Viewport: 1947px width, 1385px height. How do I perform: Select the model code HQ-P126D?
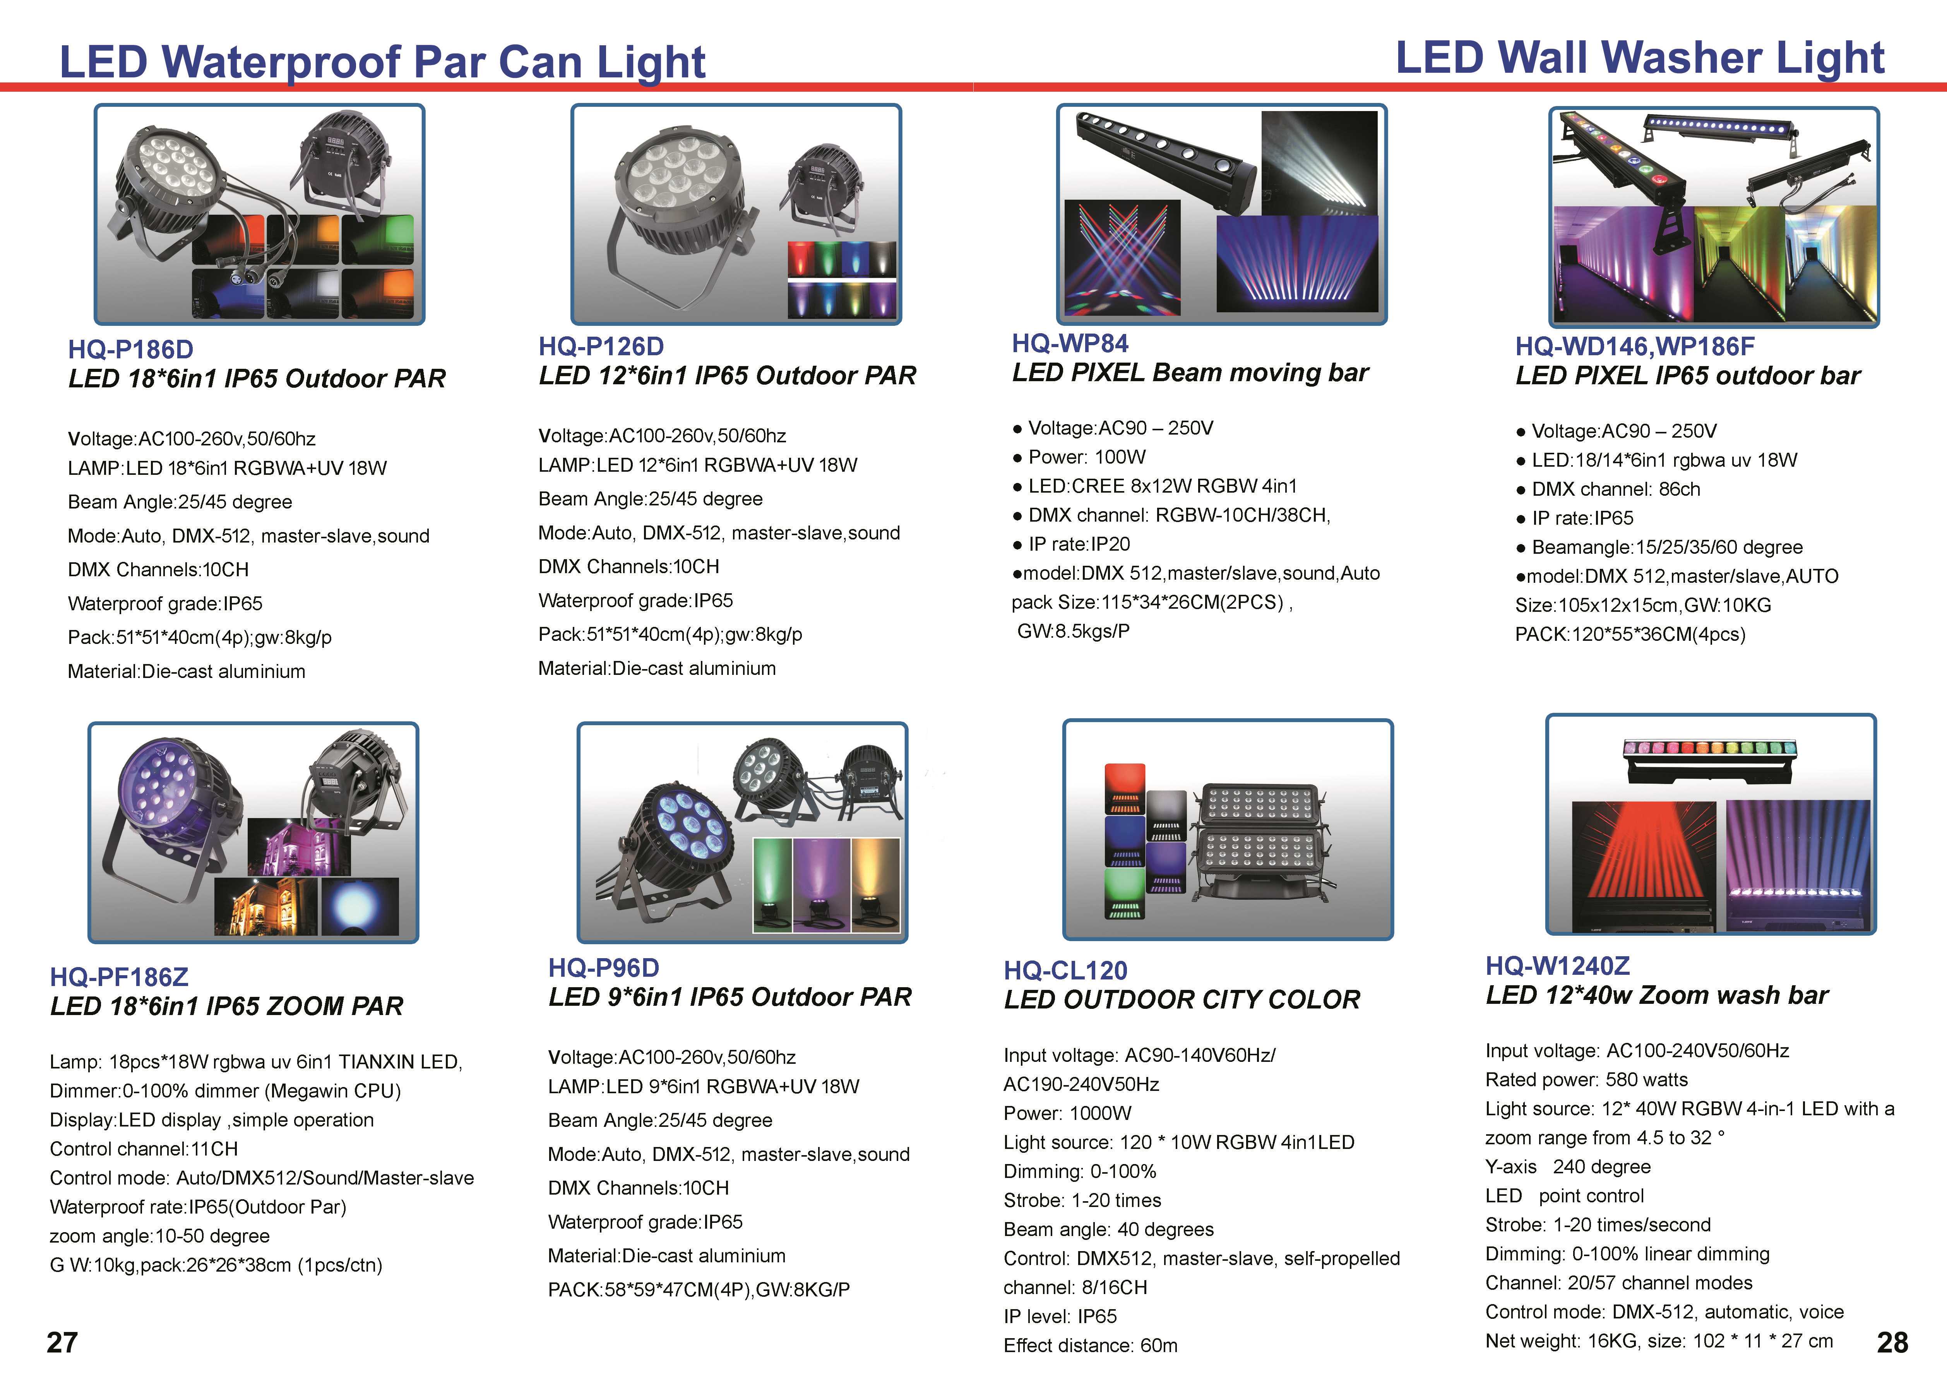click(601, 346)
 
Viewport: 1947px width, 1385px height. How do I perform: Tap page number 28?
click(1892, 1342)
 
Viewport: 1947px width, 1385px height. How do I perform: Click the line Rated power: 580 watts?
click(1586, 1080)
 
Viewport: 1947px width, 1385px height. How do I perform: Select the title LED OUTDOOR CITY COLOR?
click(1182, 1000)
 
